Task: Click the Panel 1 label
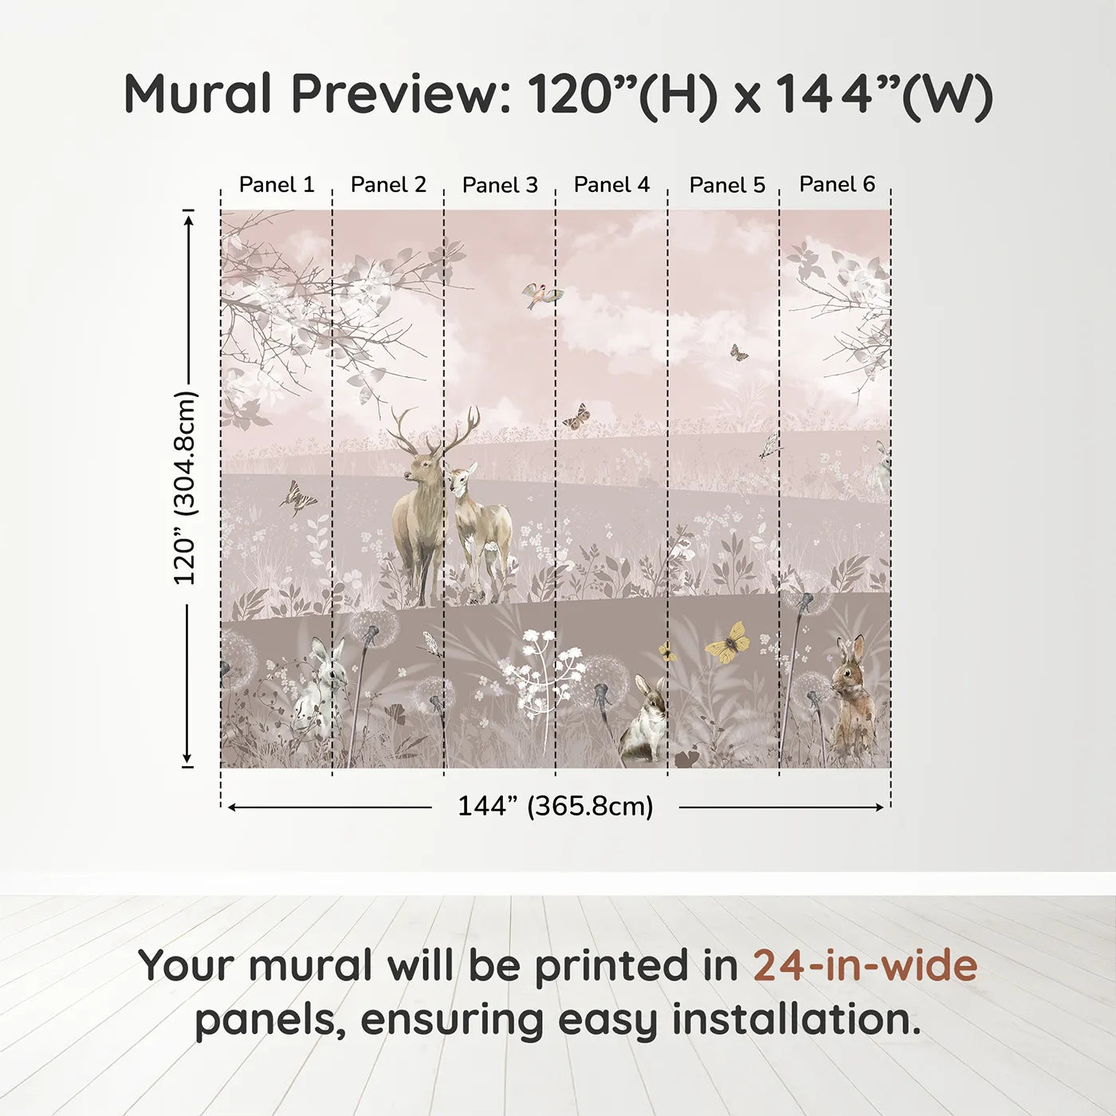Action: point(277,185)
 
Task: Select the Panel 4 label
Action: point(611,185)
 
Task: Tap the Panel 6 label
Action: point(837,184)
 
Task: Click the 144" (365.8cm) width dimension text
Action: point(555,806)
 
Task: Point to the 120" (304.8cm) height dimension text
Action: point(185,488)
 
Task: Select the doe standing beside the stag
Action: point(481,526)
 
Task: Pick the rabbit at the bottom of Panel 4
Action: point(647,717)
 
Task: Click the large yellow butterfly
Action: point(728,642)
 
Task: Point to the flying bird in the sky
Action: point(541,296)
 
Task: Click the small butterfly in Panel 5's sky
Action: point(739,353)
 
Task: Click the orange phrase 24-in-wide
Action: point(865,965)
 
